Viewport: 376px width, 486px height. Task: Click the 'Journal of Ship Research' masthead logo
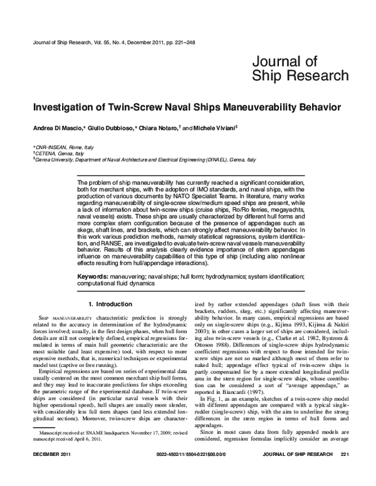(300, 68)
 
